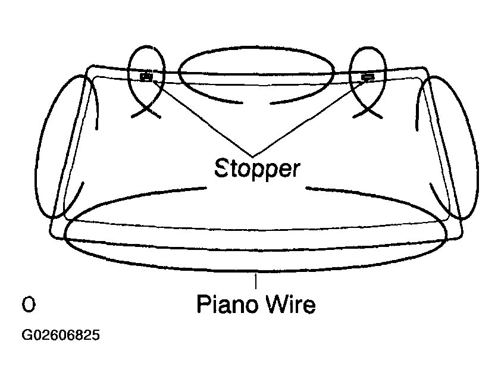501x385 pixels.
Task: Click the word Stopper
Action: pyautogui.click(x=257, y=168)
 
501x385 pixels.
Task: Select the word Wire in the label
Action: pyautogui.click(x=290, y=305)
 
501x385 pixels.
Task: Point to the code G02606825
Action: pyautogui.click(x=61, y=336)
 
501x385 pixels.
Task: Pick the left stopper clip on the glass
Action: pyautogui.click(x=146, y=76)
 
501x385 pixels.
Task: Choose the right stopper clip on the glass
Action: pyautogui.click(x=367, y=76)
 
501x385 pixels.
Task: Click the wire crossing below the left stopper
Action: pyautogui.click(x=145, y=109)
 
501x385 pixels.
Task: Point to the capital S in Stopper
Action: pyautogui.click(x=221, y=168)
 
